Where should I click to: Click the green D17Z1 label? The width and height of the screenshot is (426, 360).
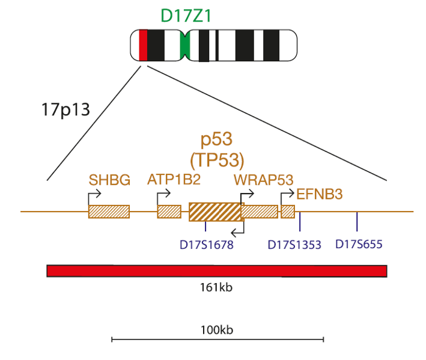[x=186, y=16]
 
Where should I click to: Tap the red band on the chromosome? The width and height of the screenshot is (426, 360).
[x=143, y=45]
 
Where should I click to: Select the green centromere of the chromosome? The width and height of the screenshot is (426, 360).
[x=184, y=45]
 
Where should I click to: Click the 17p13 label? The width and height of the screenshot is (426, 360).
[x=65, y=110]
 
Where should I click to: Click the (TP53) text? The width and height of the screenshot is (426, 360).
[x=217, y=160]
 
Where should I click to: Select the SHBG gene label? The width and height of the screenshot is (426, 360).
[x=109, y=180]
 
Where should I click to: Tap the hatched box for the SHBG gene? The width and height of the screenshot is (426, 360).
[x=109, y=212]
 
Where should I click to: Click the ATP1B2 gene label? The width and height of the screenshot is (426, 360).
[x=174, y=179]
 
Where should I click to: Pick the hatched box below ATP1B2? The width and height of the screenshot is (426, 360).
[x=169, y=212]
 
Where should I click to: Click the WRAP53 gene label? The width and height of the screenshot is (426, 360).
[x=264, y=180]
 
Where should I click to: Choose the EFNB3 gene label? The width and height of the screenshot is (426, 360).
[x=319, y=194]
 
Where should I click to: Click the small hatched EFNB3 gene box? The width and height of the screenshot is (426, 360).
[x=288, y=212]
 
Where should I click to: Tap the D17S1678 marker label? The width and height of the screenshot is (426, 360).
[x=207, y=245]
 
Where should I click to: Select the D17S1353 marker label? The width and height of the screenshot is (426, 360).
[x=294, y=245]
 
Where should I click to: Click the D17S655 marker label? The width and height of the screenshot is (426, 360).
[x=359, y=244]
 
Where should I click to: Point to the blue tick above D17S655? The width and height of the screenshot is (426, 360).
[x=357, y=221]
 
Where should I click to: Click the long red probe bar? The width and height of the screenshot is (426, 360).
[x=217, y=271]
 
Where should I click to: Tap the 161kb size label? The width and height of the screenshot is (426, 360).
[x=216, y=287]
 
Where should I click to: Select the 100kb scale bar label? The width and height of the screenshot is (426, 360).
[x=217, y=330]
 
